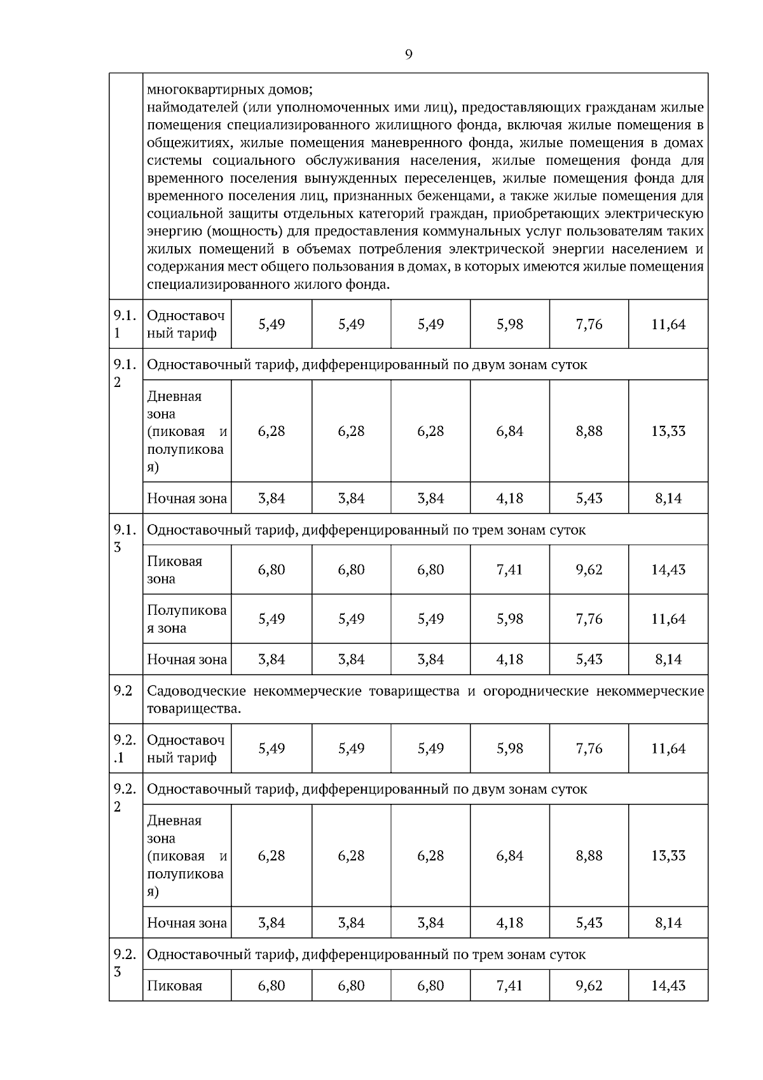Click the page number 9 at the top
point(408,55)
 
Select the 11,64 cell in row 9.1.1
point(668,325)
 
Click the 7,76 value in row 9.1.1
point(589,325)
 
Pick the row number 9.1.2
point(125,373)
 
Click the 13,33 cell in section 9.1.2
point(668,431)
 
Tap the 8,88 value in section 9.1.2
point(589,431)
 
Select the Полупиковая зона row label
point(186,619)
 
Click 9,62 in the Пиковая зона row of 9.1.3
point(589,570)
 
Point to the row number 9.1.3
point(125,538)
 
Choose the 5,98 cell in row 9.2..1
point(509,748)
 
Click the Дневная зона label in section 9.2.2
point(174,829)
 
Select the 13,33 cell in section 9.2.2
point(668,856)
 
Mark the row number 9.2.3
point(125,962)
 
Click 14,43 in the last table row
point(668,986)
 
